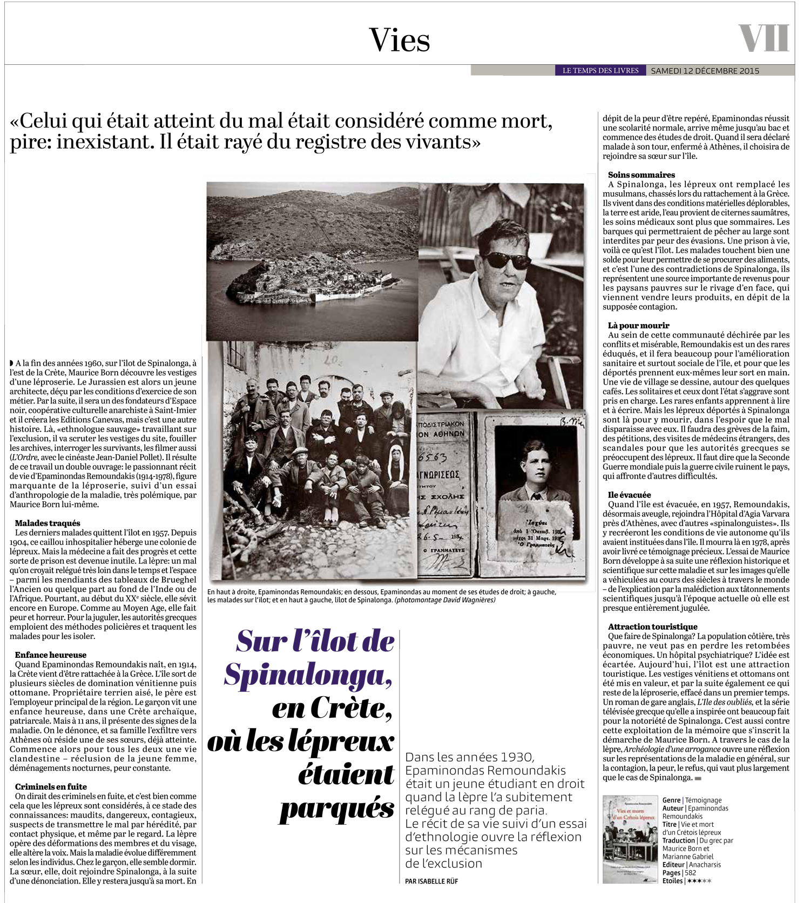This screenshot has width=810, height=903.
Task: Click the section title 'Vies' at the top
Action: tap(400, 40)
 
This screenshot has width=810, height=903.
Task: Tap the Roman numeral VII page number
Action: tap(764, 39)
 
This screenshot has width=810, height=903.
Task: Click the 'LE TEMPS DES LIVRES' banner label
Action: tap(600, 71)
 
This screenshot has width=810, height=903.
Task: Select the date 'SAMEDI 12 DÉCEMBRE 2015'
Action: tap(705, 71)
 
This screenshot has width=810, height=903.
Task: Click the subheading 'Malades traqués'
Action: tap(48, 523)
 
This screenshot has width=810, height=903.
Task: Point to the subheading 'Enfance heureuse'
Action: tap(51, 655)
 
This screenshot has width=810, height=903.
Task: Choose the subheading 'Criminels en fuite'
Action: tap(51, 786)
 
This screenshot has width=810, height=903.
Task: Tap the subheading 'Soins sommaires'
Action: tap(642, 174)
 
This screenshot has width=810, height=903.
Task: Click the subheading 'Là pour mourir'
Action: tap(639, 325)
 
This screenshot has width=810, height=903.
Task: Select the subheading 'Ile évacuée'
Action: tap(630, 495)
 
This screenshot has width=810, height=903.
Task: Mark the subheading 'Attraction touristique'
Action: tap(653, 626)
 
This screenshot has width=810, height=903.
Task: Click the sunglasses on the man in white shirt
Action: tap(507, 260)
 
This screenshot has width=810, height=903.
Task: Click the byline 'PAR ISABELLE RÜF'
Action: tap(431, 881)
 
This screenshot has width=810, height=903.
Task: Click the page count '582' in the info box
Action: tap(690, 873)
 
